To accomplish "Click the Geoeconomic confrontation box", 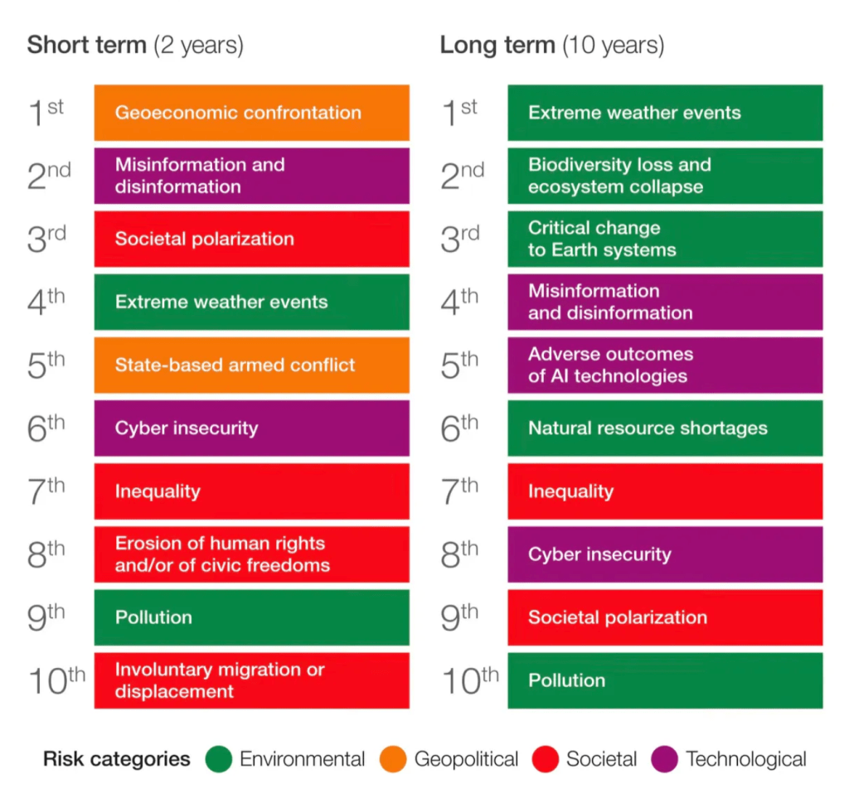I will tap(251, 113).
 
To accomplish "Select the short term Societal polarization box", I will tap(251, 239).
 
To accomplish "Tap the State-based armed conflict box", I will tap(251, 365).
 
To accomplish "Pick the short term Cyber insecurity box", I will tap(251, 428).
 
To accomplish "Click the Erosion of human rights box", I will tap(251, 554).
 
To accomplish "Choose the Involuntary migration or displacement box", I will tap(251, 680).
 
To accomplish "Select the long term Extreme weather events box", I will tap(665, 113).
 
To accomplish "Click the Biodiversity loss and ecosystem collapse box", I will tap(665, 176).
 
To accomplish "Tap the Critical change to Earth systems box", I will tap(665, 239).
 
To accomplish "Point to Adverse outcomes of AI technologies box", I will tap(665, 365).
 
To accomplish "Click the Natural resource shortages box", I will tap(665, 428).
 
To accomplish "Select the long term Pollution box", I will tap(665, 680).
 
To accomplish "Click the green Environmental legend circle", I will tap(219, 759).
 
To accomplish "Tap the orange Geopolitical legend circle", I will tap(394, 759).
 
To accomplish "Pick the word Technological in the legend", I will tap(746, 759).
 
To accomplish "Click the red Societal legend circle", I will tap(546, 759).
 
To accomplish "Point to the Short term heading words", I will tap(87, 45).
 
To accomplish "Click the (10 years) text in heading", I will tap(614, 45).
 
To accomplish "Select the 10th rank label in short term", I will tap(56, 680).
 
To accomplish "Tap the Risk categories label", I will tap(116, 759).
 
